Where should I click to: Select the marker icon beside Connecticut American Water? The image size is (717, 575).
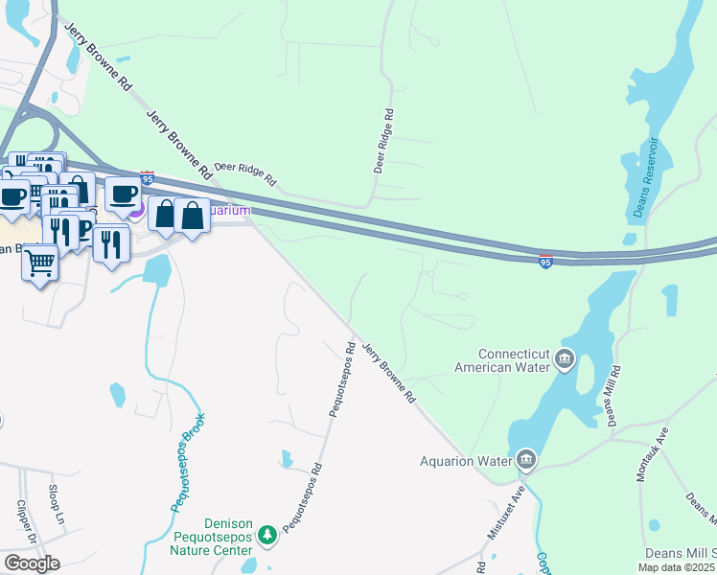point(565,360)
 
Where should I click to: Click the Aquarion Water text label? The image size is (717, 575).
point(467,461)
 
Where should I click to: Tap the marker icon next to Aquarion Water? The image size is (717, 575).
point(525,461)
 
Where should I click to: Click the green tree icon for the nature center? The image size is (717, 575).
point(269,533)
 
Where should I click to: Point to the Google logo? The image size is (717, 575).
point(32,563)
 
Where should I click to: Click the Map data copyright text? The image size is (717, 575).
point(677,567)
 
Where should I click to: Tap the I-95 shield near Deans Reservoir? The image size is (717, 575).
point(544,261)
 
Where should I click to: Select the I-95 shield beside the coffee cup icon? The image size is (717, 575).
point(147,178)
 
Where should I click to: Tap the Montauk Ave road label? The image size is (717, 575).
point(649,455)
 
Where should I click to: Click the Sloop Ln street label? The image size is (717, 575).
point(56,503)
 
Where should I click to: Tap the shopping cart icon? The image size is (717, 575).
point(39,262)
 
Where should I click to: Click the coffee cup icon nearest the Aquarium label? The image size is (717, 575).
point(122,195)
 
